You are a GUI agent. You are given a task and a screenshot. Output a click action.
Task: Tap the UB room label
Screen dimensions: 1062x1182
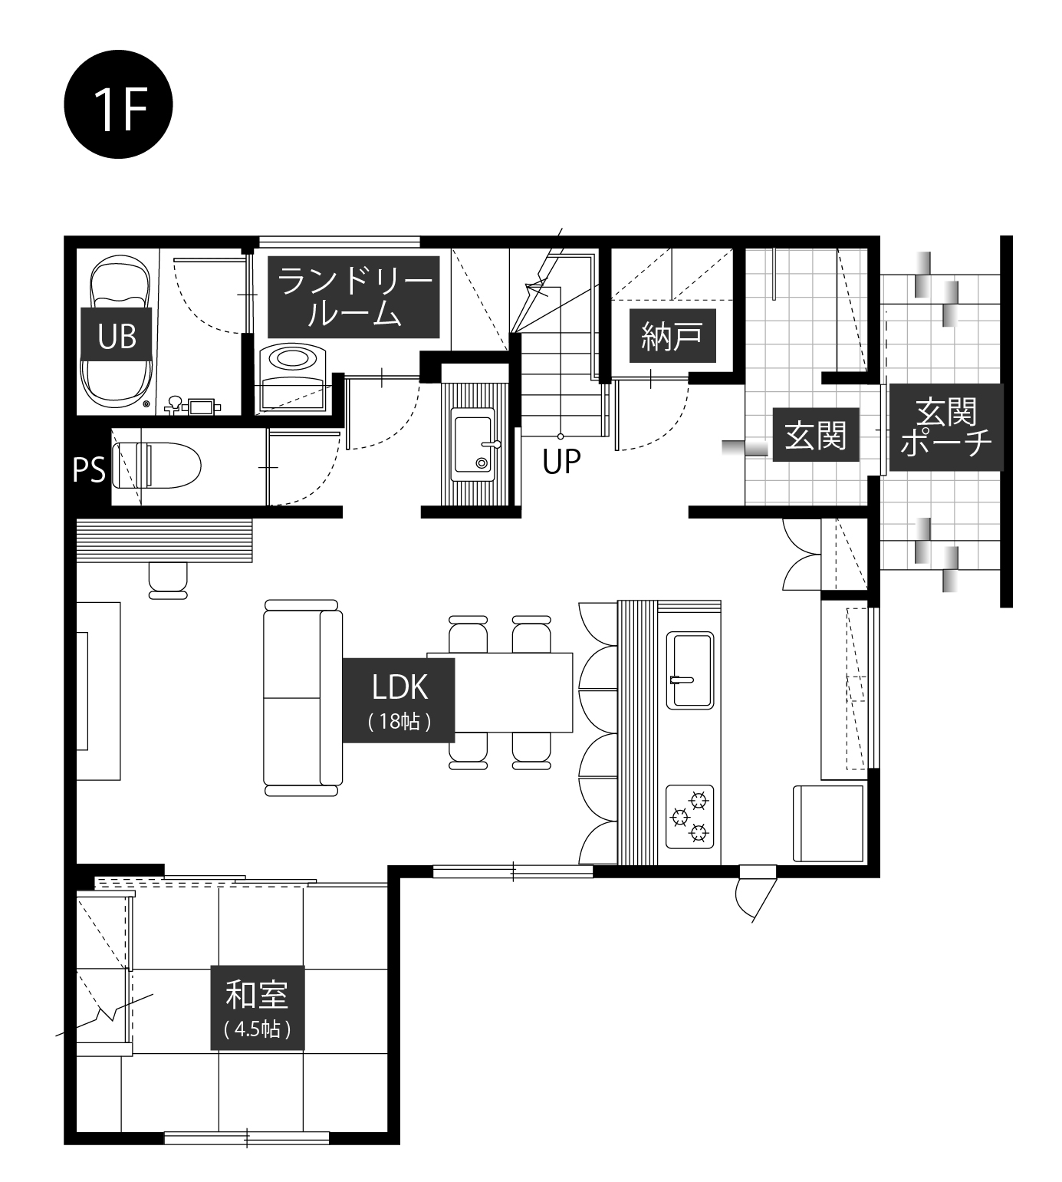click(x=117, y=336)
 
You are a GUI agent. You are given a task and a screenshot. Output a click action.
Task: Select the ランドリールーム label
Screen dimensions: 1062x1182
click(x=353, y=297)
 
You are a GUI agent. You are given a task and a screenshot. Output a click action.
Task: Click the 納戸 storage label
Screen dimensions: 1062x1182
click(x=672, y=335)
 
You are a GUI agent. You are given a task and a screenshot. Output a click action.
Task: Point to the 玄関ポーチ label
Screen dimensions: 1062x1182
click(x=946, y=427)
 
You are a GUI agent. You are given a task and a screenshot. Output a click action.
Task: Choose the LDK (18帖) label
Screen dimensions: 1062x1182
click(x=399, y=700)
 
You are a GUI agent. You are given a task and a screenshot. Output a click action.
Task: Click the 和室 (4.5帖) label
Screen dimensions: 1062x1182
click(x=258, y=1007)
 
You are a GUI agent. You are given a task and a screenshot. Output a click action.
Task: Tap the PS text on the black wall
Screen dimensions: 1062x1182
click(x=89, y=470)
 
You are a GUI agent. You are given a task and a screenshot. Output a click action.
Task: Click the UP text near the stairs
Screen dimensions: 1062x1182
click(x=561, y=462)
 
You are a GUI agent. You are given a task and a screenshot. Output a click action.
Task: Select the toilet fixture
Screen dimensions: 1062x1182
click(x=156, y=466)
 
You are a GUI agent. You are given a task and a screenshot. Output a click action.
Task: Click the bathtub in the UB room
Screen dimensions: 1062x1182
click(x=117, y=333)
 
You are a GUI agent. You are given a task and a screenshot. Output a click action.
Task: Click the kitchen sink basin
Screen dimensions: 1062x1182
click(x=692, y=670)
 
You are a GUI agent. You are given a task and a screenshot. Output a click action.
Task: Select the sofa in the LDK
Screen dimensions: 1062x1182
click(x=302, y=697)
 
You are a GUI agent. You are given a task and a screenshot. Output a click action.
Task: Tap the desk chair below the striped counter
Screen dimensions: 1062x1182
click(x=168, y=579)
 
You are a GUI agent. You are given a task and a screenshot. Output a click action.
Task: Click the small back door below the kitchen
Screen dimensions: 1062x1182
click(x=755, y=891)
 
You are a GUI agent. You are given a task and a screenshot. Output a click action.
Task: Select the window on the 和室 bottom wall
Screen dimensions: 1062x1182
click(x=247, y=1138)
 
